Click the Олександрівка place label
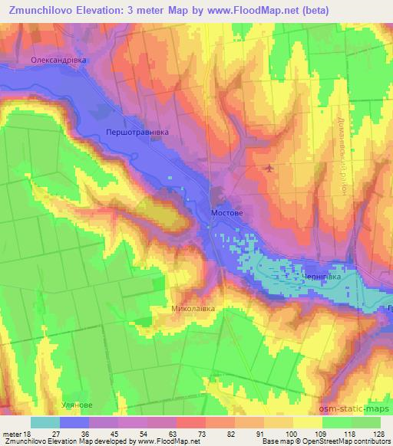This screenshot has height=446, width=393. click(60, 59)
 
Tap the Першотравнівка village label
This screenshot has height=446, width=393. click(138, 133)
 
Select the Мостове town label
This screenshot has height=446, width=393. click(227, 208)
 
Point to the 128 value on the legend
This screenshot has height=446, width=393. click(380, 433)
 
